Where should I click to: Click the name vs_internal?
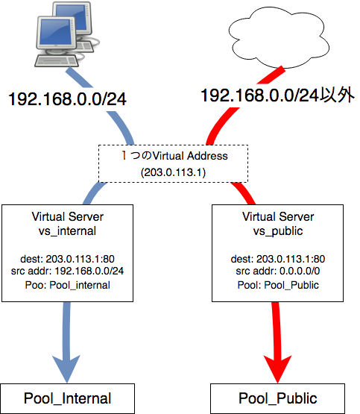(67, 230)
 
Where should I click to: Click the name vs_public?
(278, 230)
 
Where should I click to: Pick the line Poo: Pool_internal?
(67, 284)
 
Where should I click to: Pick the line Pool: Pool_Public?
(278, 284)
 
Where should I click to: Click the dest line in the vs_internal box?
(67, 259)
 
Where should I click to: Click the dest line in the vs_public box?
(278, 259)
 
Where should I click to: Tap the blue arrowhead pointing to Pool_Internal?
(67, 366)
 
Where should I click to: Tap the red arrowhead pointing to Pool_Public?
(278, 366)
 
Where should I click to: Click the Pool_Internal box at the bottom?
(67, 398)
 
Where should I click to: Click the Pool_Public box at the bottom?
(278, 398)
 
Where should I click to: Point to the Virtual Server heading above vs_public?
(278, 216)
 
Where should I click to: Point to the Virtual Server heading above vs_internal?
(67, 216)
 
